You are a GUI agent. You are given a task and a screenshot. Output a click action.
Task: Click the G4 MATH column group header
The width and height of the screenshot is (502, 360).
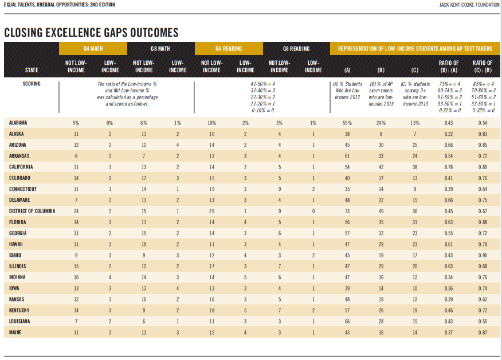[93, 49]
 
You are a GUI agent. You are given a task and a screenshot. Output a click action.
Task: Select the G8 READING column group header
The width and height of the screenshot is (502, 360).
[296, 49]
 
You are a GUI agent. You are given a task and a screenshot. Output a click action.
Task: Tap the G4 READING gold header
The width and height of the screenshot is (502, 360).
[229, 49]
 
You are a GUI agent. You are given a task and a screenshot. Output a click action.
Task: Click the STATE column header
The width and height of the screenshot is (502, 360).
[32, 70]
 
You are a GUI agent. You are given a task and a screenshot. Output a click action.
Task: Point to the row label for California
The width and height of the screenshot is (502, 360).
[21, 167]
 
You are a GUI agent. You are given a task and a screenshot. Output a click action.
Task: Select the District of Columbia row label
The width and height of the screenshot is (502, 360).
[32, 211]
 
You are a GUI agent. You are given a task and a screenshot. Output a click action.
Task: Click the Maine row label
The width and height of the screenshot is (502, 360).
[15, 332]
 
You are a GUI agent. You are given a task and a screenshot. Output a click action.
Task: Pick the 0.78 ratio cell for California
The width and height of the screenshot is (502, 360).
[449, 167]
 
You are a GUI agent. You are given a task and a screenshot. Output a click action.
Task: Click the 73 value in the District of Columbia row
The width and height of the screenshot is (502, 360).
[347, 211]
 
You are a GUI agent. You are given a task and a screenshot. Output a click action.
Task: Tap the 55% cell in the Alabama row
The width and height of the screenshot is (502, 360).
[347, 123]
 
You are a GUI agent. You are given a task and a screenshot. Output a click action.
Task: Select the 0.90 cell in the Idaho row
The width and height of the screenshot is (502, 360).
[483, 255]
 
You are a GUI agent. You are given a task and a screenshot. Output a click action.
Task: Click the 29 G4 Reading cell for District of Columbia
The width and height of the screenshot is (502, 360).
[211, 211]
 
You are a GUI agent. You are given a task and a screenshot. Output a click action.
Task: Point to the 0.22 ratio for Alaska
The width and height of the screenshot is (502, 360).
[449, 134]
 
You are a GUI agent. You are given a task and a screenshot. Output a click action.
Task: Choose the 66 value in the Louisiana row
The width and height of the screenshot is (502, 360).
[347, 321]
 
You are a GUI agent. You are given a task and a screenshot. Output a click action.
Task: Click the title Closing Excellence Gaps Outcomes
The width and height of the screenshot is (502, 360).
[91, 33]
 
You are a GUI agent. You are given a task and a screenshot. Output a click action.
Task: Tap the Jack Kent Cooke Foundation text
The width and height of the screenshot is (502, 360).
[469, 5]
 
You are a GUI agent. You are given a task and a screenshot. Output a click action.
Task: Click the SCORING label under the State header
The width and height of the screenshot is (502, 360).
[32, 84]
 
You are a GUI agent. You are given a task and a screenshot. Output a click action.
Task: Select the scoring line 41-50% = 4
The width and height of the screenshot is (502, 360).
[263, 84]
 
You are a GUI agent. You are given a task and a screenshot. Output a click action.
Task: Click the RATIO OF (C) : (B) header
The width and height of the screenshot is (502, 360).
[483, 66]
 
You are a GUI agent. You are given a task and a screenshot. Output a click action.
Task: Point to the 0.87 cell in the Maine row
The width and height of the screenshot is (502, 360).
[483, 332]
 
